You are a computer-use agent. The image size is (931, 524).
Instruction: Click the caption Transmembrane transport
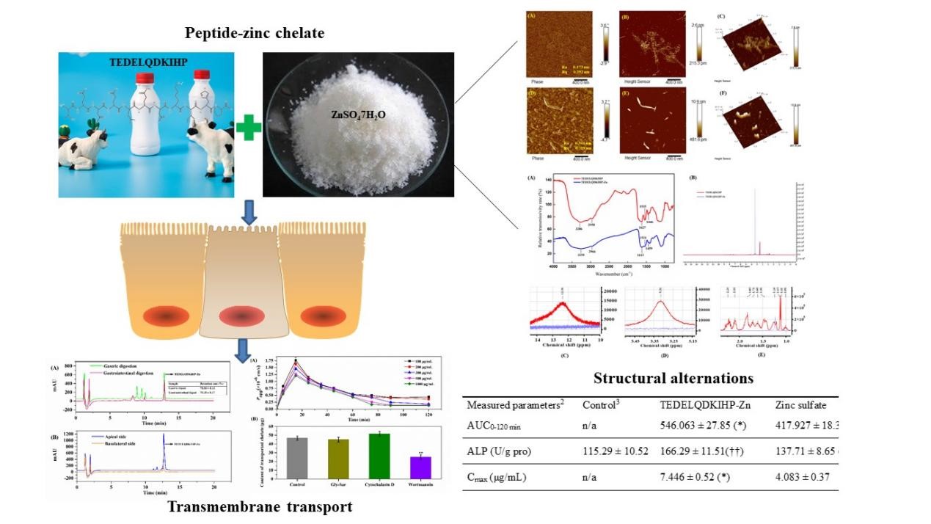pyautogui.click(x=260, y=507)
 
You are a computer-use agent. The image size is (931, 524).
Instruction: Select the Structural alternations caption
pyautogui.click(x=673, y=379)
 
